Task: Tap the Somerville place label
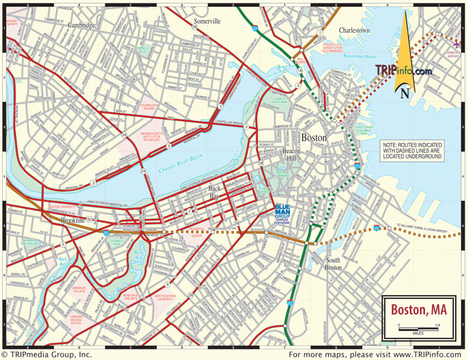tap(207, 21)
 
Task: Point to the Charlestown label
tap(354, 30)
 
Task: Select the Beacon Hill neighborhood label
tap(291, 154)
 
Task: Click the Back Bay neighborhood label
tap(214, 191)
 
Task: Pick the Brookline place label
tap(74, 220)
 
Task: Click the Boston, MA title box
tap(418, 310)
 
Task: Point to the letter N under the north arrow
tap(404, 94)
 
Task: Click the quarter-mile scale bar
tap(418, 328)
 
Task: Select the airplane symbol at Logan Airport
tap(457, 44)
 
